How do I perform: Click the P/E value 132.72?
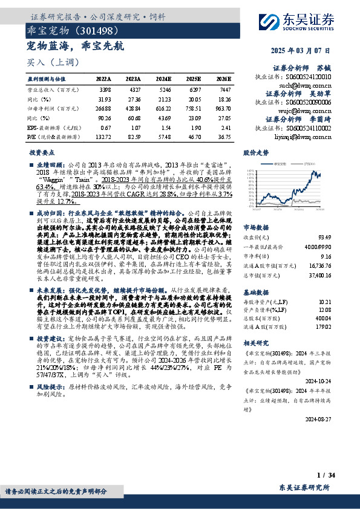103,137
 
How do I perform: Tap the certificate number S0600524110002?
310,129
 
